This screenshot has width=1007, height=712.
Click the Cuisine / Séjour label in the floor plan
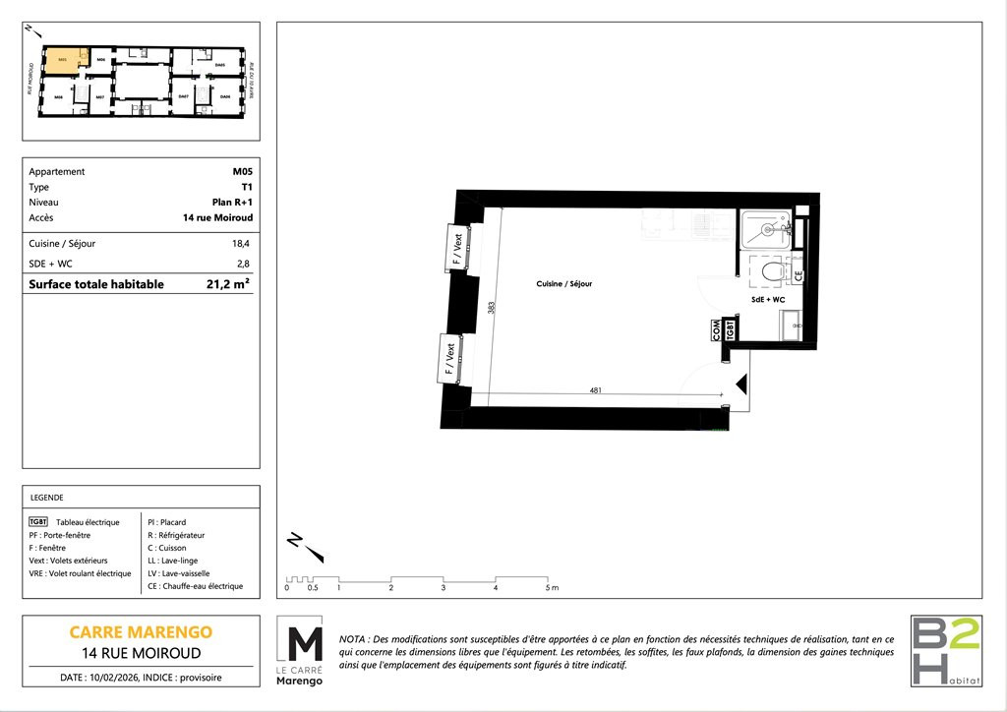pyautogui.click(x=564, y=283)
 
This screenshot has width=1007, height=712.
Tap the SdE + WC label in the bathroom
pyautogui.click(x=767, y=299)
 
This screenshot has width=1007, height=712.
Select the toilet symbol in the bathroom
pyautogui.click(x=771, y=268)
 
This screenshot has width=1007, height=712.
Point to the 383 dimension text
pyautogui.click(x=492, y=307)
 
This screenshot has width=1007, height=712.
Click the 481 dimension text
pyautogui.click(x=596, y=390)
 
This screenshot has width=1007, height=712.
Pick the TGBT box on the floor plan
pyautogui.click(x=730, y=329)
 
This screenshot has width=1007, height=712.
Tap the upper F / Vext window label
pyautogui.click(x=456, y=246)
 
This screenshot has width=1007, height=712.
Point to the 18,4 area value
pyautogui.click(x=241, y=243)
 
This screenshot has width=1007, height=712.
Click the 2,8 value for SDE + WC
pyautogui.click(x=243, y=264)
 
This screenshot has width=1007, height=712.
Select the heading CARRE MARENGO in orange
pyautogui.click(x=141, y=631)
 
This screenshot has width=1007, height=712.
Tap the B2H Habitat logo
pyautogui.click(x=945, y=651)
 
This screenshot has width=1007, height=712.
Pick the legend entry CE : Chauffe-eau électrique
pyautogui.click(x=195, y=586)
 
